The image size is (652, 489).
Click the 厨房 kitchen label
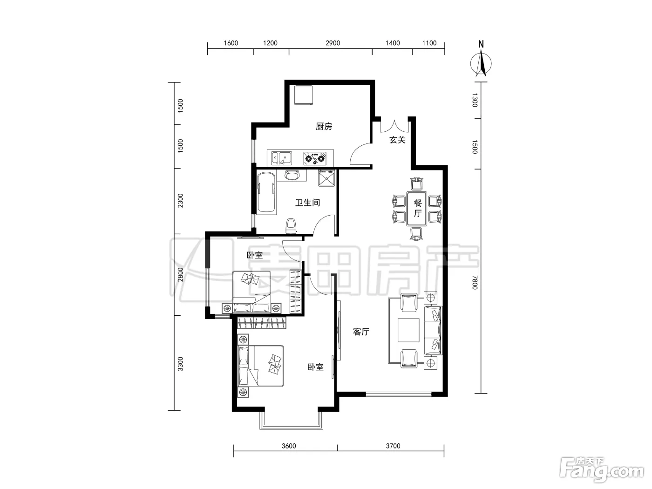(324, 127)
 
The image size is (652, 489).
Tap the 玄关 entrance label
(397, 140)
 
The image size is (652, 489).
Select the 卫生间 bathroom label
(308, 203)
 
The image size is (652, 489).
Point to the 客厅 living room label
(361, 332)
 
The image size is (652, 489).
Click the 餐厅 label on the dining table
(418, 209)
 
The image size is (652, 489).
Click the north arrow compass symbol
(481, 63)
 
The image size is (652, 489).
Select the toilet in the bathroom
(292, 226)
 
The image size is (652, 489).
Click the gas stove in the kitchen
(315, 158)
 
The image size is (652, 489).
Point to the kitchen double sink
(281, 158)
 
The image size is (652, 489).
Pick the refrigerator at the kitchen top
(303, 95)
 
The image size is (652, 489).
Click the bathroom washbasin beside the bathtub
(292, 175)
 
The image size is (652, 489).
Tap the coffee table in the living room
(408, 330)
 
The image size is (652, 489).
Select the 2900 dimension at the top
(333, 43)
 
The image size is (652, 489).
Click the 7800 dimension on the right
(475, 282)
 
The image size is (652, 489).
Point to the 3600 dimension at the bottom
(289, 446)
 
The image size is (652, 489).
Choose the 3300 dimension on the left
(180, 364)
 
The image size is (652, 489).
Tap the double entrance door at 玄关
(394, 127)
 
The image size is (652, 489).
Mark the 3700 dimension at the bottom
(393, 446)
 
